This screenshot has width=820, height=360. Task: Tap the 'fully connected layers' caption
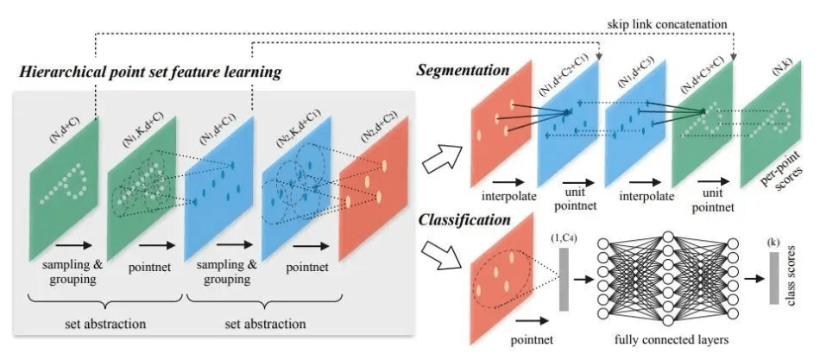(x=668, y=338)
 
